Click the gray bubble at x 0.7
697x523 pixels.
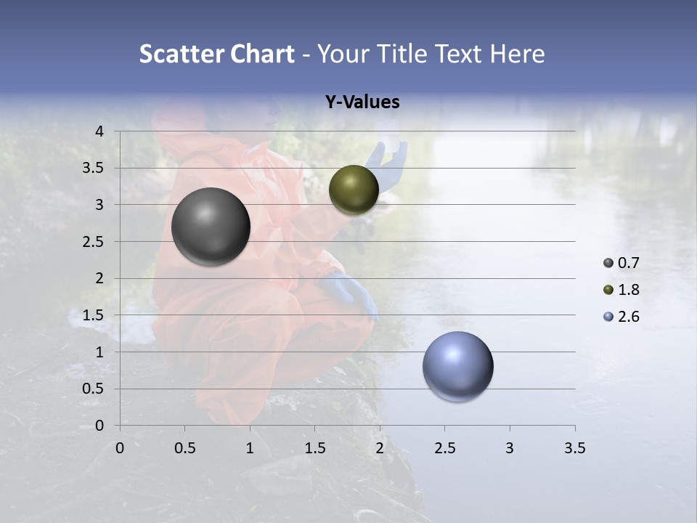click(211, 226)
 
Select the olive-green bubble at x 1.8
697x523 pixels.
click(354, 190)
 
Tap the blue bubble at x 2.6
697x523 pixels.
click(457, 366)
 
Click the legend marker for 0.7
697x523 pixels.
click(608, 263)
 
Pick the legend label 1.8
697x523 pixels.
click(628, 290)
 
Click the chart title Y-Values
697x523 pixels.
click(362, 102)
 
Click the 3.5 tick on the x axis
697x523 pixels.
click(574, 448)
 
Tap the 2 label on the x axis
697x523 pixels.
click(380, 448)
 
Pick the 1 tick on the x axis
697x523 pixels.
click(250, 448)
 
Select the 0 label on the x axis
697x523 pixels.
click(120, 448)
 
